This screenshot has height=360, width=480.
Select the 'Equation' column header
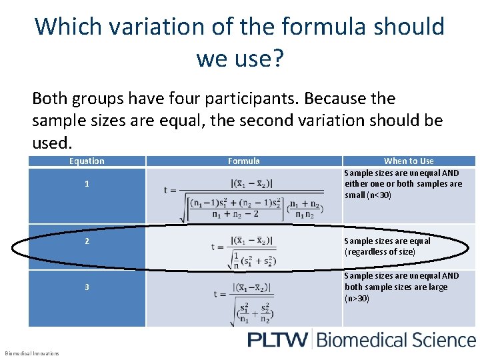(87, 161)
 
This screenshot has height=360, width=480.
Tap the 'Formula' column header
(244, 161)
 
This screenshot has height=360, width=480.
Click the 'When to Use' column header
(409, 161)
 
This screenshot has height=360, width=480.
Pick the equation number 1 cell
(87, 184)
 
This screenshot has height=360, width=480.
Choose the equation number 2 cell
(87, 241)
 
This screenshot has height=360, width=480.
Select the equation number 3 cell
(87, 287)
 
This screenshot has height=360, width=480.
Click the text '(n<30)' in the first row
(377, 195)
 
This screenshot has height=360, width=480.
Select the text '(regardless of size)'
(380, 252)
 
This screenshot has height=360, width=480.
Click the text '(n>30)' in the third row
(358, 299)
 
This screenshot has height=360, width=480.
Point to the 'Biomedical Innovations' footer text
(32, 353)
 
